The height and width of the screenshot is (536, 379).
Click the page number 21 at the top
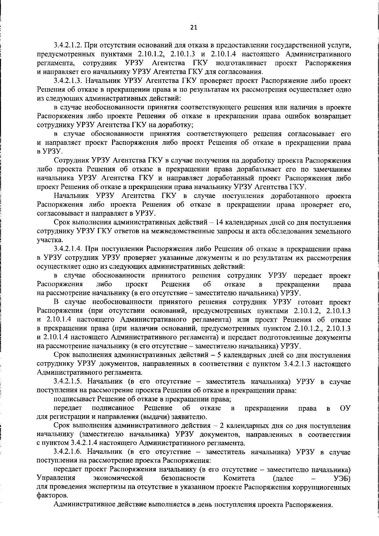(x=194, y=28)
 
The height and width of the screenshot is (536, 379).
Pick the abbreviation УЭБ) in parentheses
(x=342, y=478)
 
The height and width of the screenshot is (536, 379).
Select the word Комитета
(x=239, y=478)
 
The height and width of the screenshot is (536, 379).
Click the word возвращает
(x=333, y=116)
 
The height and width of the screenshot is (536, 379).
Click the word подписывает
(x=75, y=399)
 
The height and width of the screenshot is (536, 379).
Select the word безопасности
(x=183, y=478)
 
